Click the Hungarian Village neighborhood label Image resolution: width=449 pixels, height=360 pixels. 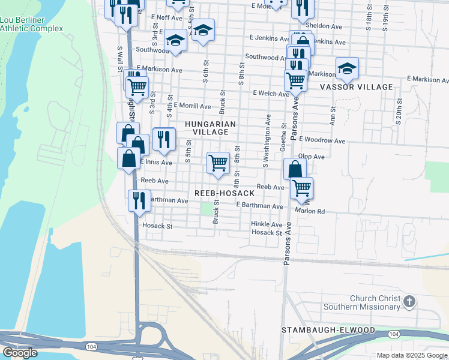pyautogui.click(x=207, y=128)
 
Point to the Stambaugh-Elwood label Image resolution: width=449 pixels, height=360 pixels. pyautogui.click(x=328, y=331)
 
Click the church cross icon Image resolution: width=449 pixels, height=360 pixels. pyautogui.click(x=409, y=301)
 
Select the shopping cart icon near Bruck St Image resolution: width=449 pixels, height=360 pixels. pyautogui.click(x=218, y=163)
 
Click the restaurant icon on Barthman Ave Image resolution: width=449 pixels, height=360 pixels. pyautogui.click(x=139, y=200)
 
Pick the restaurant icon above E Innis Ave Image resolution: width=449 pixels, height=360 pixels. pyautogui.click(x=164, y=139)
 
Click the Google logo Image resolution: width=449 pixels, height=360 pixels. pyautogui.click(x=20, y=353)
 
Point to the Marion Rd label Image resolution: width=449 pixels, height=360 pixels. pyautogui.click(x=310, y=211)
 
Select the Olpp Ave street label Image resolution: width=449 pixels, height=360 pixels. pyautogui.click(x=311, y=157)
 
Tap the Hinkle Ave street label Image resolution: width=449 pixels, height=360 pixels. pyautogui.click(x=267, y=224)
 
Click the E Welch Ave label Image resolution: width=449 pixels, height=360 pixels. pyautogui.click(x=271, y=93)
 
